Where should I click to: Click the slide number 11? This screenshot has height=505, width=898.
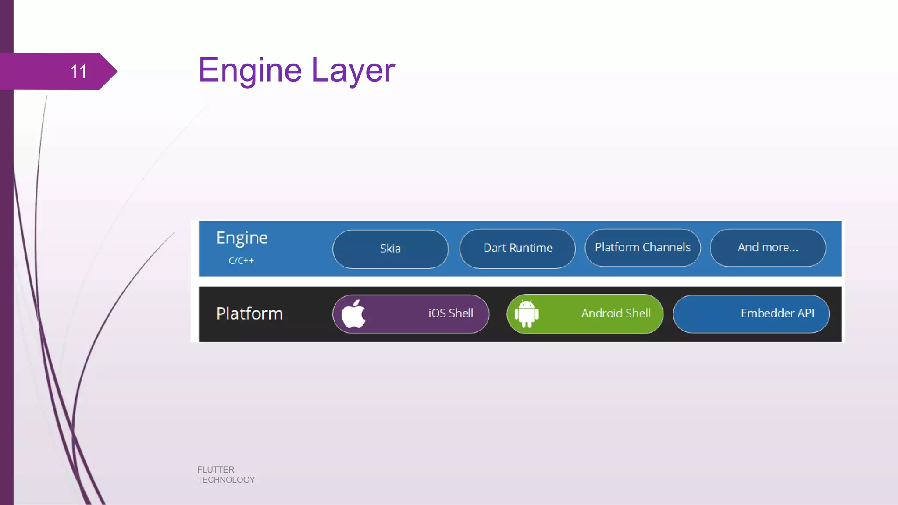[x=78, y=71]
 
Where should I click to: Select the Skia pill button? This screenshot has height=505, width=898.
[x=390, y=249]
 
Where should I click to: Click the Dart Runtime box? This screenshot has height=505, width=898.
[x=517, y=248]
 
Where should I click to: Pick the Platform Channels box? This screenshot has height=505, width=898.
[x=642, y=247]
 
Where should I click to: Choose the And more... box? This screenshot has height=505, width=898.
[x=768, y=247]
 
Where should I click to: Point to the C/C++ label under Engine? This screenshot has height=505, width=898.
[x=241, y=261]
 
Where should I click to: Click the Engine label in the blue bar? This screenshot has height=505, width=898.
[x=242, y=238]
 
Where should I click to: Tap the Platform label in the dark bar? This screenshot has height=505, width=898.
[x=249, y=313]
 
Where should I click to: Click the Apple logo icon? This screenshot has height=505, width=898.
[x=353, y=314]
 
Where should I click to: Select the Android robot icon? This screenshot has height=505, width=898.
[x=527, y=314]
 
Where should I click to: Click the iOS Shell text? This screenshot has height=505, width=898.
[x=451, y=313]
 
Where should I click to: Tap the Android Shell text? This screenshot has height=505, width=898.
[x=616, y=313]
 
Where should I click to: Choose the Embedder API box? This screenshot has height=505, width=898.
[x=751, y=313]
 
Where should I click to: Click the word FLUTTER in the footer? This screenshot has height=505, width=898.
[x=216, y=469]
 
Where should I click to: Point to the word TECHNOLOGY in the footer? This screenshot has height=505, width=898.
[x=226, y=480]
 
